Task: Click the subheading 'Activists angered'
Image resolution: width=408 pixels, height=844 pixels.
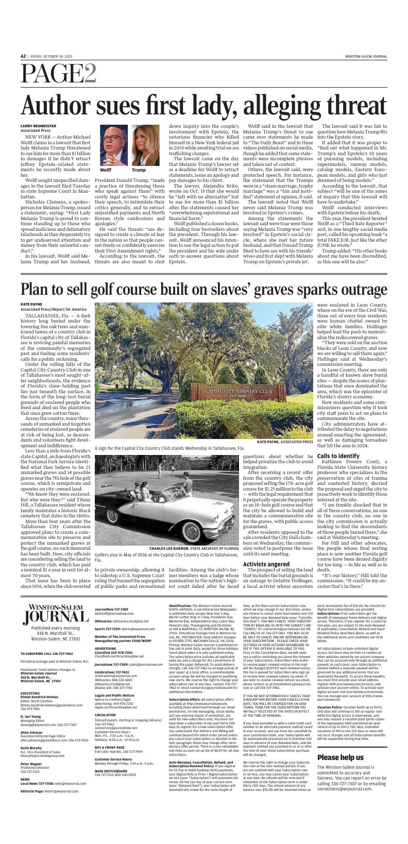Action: [x=265, y=550]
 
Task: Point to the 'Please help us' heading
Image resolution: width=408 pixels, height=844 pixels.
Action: [x=341, y=772]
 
